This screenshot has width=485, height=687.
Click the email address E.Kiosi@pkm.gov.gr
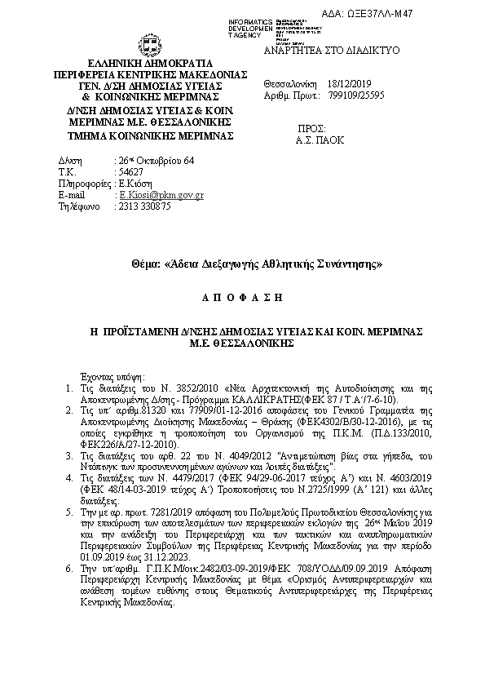click(161, 196)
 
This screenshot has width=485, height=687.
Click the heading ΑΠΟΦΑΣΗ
click(241, 299)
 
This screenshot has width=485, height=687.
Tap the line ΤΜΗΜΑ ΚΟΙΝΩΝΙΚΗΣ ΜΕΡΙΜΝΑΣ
click(151, 135)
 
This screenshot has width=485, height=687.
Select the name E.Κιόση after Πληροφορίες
click(133, 184)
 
